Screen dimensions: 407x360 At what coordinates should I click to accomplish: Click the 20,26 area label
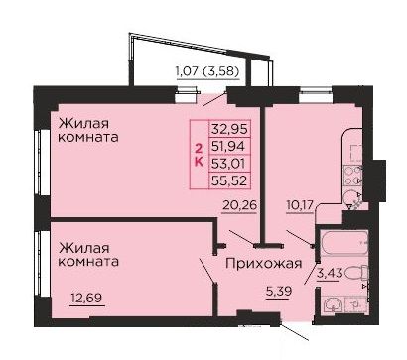[x=239, y=205]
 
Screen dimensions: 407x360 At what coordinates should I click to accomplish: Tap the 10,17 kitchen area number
[x=300, y=205]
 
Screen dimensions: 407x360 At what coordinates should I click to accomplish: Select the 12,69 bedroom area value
[x=86, y=299]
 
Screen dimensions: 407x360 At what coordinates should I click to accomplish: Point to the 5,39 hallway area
[x=279, y=292]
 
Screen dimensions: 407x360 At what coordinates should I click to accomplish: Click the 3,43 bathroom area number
[x=329, y=274]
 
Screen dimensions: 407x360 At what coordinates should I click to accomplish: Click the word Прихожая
[x=264, y=264]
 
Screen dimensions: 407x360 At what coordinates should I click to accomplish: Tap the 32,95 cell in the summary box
[x=230, y=129]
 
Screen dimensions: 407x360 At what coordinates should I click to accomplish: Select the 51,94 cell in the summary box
[x=230, y=146]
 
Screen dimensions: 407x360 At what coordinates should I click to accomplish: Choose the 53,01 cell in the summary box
[x=230, y=163]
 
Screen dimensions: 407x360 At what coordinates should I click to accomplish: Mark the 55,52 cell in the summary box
[x=230, y=180]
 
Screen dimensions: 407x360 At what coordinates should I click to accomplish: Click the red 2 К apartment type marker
[x=199, y=155]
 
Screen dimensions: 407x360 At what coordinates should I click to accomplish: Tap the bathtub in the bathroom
[x=344, y=243]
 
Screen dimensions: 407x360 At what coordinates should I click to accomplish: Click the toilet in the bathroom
[x=357, y=274]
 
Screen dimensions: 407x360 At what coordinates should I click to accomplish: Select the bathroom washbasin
[x=334, y=305]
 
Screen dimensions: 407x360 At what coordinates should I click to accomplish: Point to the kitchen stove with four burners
[x=352, y=176]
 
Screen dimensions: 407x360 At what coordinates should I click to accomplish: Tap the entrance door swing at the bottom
[x=295, y=331]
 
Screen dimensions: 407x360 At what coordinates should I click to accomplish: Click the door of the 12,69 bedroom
[x=207, y=271]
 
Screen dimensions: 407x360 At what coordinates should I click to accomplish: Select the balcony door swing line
[x=214, y=99]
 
